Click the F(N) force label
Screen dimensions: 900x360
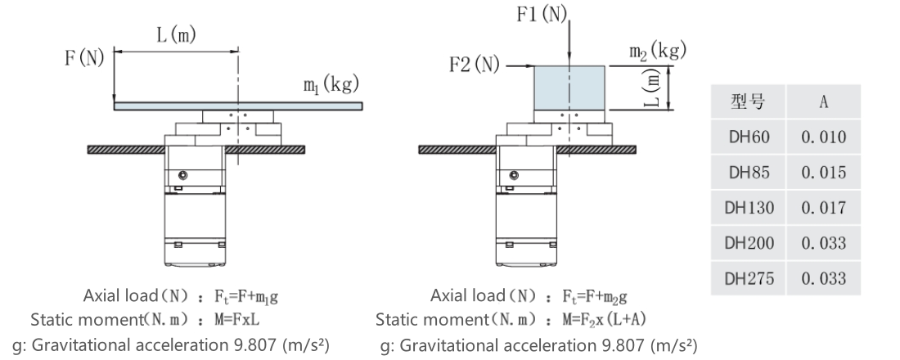[x=84, y=58]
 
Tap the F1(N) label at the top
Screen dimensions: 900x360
[x=542, y=15]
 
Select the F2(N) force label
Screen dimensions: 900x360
[x=474, y=65]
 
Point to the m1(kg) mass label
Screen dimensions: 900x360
[x=331, y=85]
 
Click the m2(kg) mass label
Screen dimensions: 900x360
[x=658, y=51]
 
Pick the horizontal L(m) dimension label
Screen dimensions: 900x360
[x=176, y=35]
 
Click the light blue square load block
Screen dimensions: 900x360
[x=569, y=88]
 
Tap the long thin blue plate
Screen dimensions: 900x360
[x=238, y=106]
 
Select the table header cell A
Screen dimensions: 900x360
[x=823, y=102]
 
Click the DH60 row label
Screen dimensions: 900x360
[x=749, y=137]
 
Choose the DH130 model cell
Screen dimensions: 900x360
[x=749, y=208]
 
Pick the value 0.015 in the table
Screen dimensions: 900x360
[x=823, y=173]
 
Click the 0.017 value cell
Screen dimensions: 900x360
[x=823, y=208]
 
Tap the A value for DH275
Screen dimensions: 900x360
[x=823, y=278]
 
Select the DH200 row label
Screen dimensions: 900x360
[x=749, y=244]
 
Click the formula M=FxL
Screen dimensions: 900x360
[x=241, y=320]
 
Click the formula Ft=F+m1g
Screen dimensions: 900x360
[x=247, y=297]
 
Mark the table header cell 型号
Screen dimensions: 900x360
[x=749, y=102]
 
